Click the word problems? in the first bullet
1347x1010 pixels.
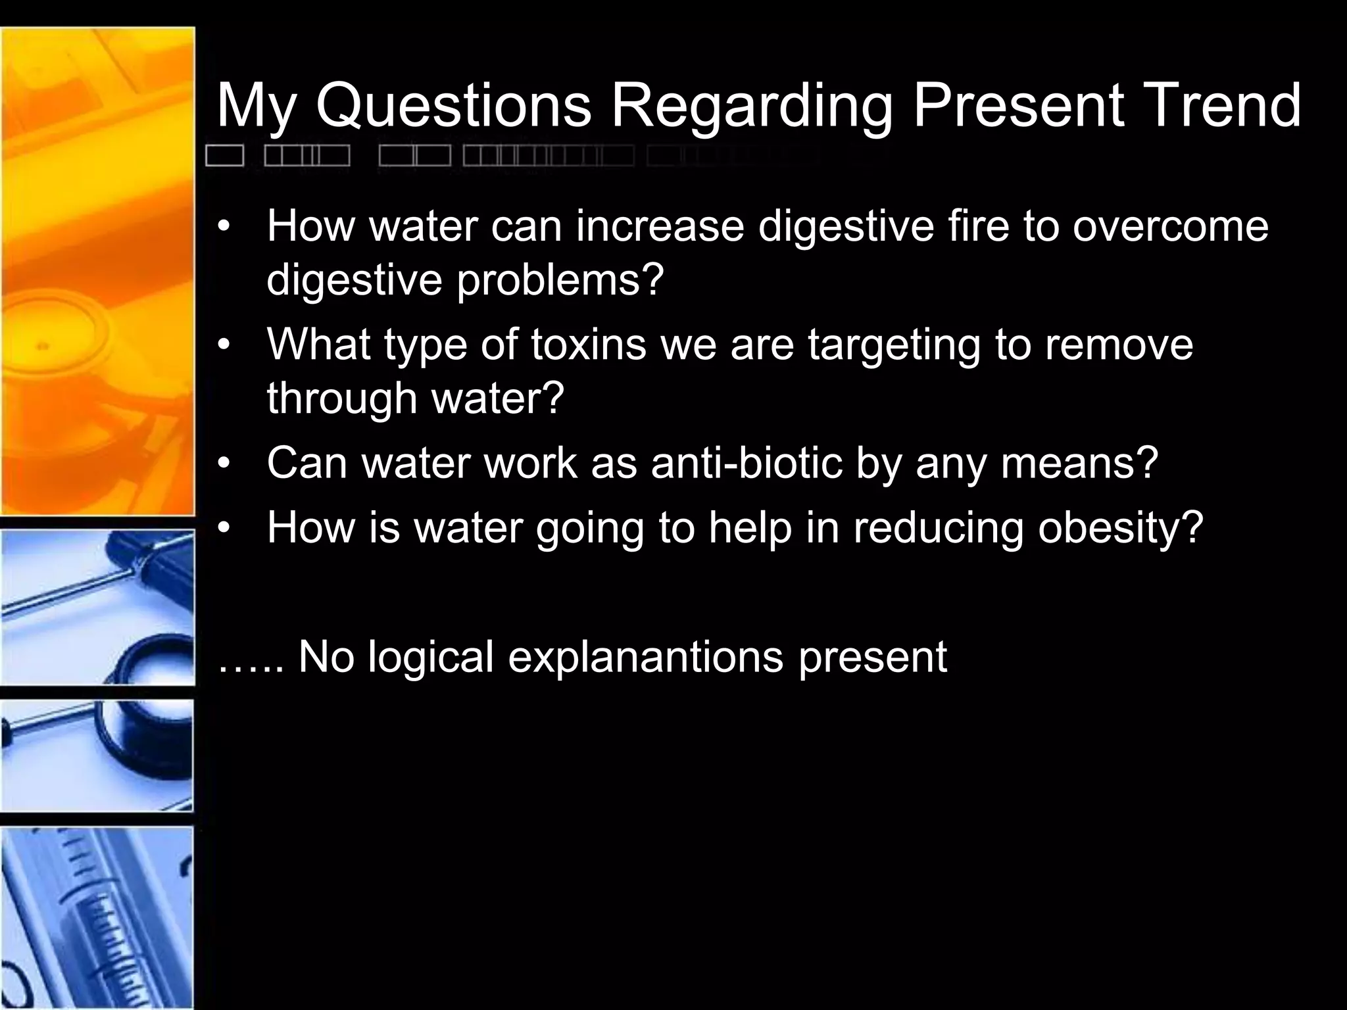tap(560, 281)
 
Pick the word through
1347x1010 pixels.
tap(341, 399)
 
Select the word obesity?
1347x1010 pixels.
tap(1120, 528)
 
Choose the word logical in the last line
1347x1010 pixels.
tap(430, 657)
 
